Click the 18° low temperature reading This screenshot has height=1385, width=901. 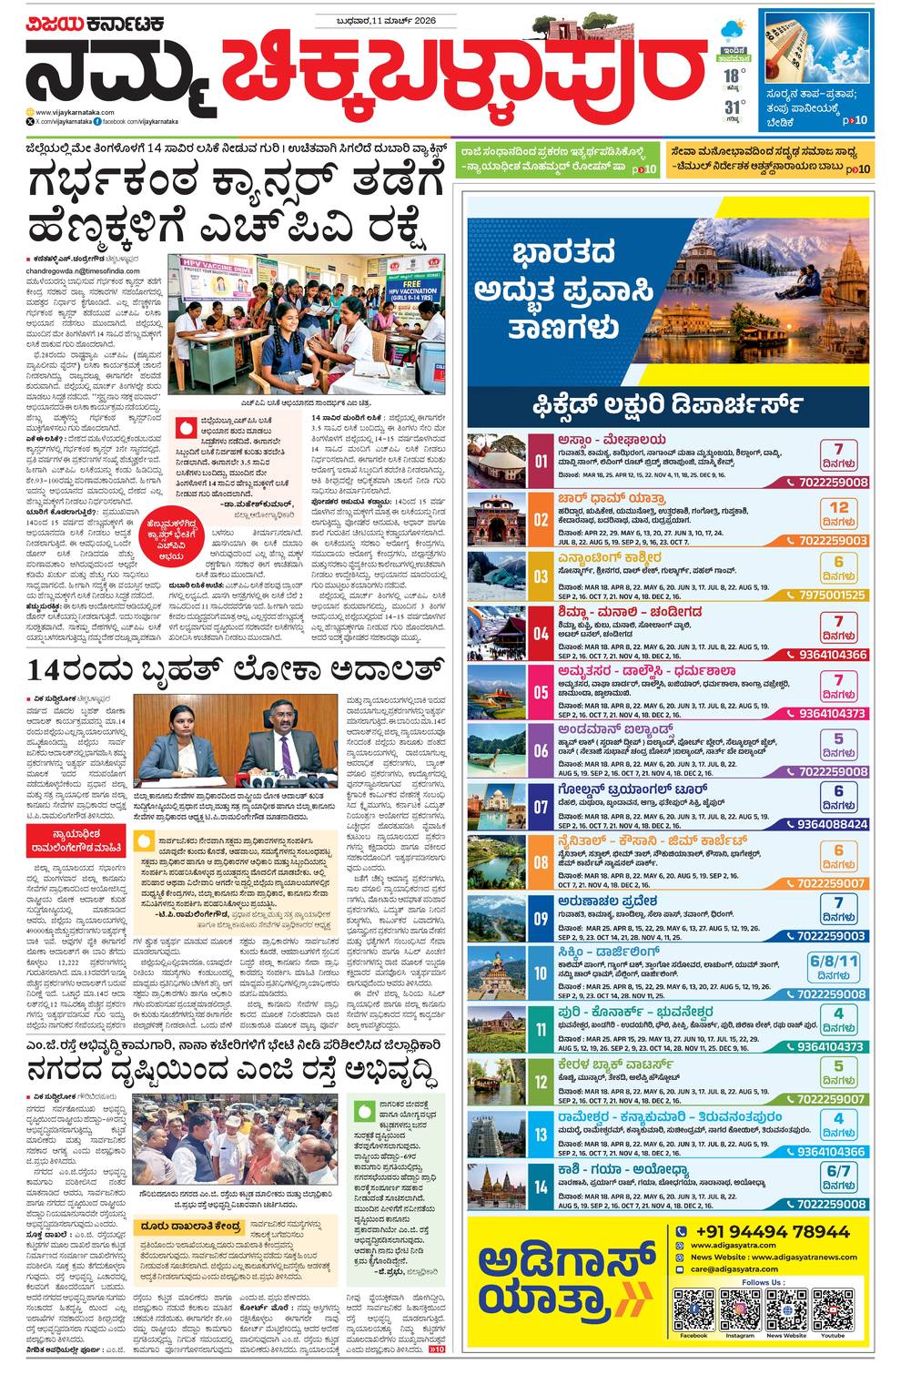[730, 76]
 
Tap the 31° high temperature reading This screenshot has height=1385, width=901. [730, 107]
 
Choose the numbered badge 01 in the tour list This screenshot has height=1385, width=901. [541, 462]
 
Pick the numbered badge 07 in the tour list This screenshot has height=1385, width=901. [541, 807]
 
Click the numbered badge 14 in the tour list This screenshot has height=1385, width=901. [541, 1186]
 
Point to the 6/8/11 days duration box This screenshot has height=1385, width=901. [835, 966]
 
